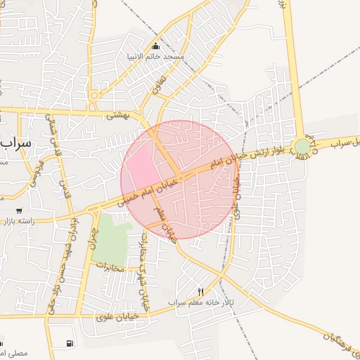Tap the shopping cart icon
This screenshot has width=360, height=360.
point(18,210)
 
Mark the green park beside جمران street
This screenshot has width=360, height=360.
point(109,237)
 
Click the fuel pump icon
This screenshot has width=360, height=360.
point(69,343)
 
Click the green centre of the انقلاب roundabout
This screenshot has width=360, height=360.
point(302,146)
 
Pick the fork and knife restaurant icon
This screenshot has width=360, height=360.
point(200,292)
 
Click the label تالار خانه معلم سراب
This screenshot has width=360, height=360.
point(196,302)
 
